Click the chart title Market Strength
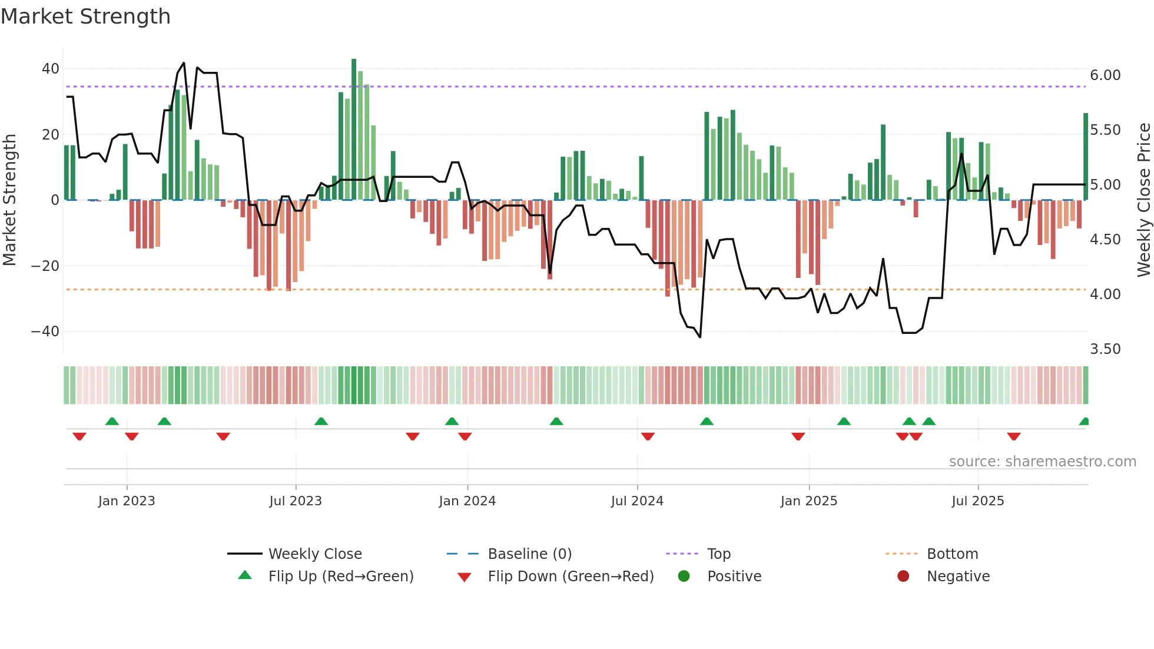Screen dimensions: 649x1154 coord(85,16)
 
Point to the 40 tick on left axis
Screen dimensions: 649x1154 coord(51,69)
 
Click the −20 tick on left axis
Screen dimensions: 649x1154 coord(45,266)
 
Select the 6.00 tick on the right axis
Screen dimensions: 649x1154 coord(1105,75)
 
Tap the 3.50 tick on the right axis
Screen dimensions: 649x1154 coord(1105,349)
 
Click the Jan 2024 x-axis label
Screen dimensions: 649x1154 coord(467,501)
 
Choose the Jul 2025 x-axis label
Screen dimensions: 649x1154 coord(977,501)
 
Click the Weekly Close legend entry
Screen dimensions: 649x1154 coord(315,554)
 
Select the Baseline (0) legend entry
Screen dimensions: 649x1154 coord(529,554)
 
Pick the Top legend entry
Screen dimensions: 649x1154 coord(718,554)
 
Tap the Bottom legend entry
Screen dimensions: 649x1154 coord(952,554)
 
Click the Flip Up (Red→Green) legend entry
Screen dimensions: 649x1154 coord(340,577)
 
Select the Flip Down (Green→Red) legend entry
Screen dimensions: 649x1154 coord(571,577)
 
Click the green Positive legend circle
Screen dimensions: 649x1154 coord(684,577)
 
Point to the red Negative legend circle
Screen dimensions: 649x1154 coord(903,577)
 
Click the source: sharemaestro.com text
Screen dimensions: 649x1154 coord(1042,462)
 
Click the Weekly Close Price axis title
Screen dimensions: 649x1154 coord(1143,200)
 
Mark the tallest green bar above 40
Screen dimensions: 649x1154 coord(354,130)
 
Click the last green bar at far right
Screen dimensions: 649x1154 coord(1086,156)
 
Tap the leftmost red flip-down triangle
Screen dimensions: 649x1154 coord(79,436)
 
